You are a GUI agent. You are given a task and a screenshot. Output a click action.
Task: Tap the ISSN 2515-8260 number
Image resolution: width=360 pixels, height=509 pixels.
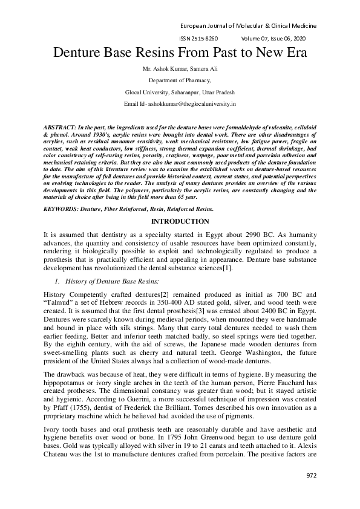[198, 39]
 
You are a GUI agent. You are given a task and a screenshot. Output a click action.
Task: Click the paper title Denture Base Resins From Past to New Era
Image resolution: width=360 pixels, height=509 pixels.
[180, 53]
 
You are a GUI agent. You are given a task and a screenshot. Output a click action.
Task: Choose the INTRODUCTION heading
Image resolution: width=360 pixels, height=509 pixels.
[180, 222]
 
